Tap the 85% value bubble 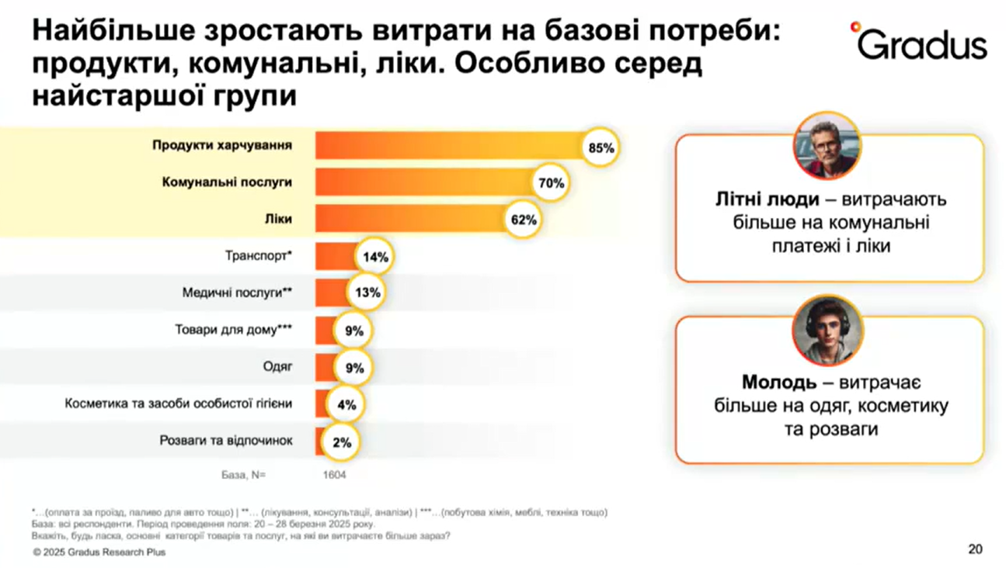click(600, 147)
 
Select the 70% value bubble click(551, 183)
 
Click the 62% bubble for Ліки click(524, 220)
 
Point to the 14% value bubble click(374, 257)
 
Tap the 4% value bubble click(346, 404)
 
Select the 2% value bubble click(342, 442)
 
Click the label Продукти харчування click(222, 145)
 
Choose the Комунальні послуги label click(227, 182)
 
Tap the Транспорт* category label click(258, 255)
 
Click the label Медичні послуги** click(237, 293)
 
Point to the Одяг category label click(277, 366)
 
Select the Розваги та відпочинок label click(225, 441)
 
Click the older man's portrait click(827, 146)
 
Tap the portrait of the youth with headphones click(827, 331)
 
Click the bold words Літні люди click(767, 199)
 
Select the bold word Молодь click(778, 383)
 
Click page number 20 click(975, 549)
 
